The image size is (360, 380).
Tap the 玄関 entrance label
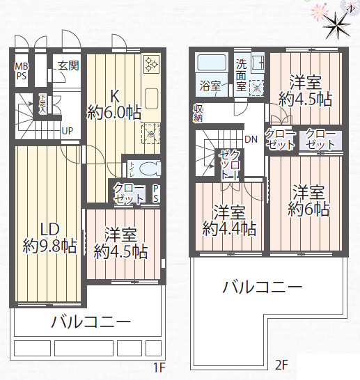68,65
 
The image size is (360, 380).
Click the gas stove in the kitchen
151,65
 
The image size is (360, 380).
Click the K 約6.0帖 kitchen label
113,104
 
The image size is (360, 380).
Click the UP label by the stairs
68,130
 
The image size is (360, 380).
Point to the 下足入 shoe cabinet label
43,104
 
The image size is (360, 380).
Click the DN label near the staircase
251,139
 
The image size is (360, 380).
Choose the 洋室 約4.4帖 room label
228,219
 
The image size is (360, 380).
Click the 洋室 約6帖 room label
307,199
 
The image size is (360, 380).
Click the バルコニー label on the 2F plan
262,287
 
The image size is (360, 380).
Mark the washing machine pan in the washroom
257,88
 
